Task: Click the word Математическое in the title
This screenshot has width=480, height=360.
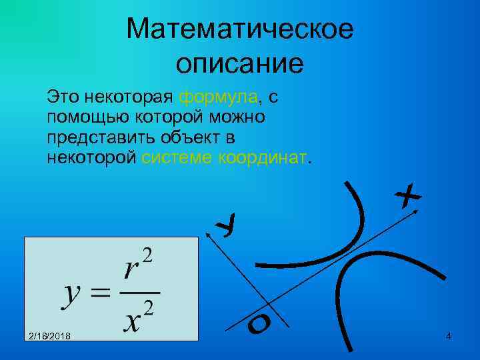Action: click(x=239, y=29)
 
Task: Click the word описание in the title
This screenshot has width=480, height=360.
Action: click(x=239, y=63)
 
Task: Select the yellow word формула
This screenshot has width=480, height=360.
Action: click(x=218, y=97)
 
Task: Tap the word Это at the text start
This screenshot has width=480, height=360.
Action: click(x=61, y=97)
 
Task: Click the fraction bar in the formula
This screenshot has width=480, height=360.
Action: click(x=141, y=293)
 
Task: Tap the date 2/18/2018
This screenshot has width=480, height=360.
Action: click(x=52, y=335)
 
